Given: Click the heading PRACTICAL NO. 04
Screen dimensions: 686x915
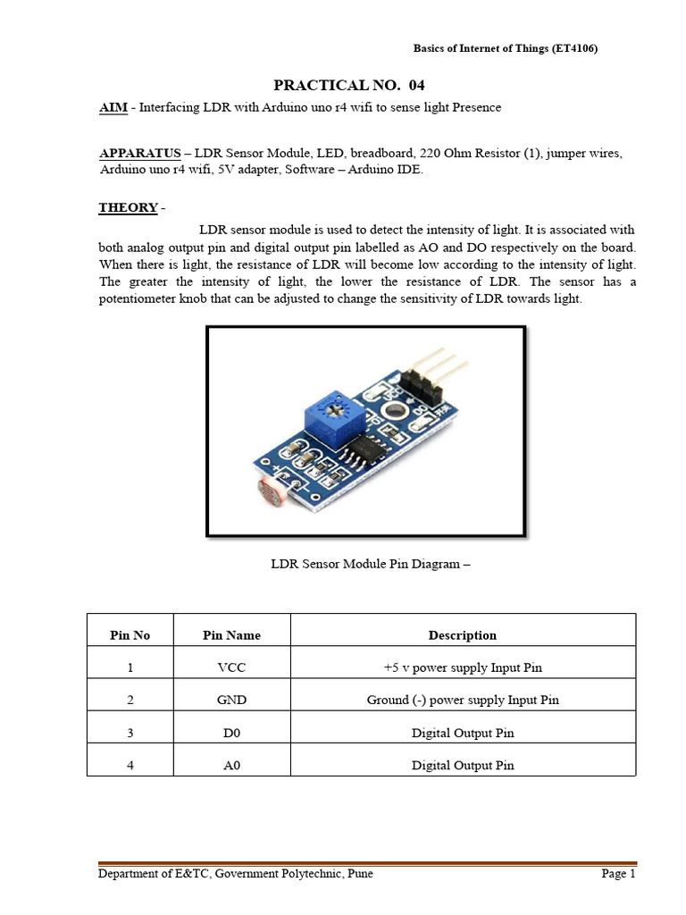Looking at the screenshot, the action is coord(348,86).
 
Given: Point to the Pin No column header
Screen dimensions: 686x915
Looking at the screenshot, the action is coord(130,635).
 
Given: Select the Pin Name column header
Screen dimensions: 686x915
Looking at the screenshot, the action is coord(231,635).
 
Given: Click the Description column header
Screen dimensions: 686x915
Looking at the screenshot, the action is coord(462,635).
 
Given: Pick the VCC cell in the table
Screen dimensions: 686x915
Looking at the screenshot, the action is coord(231,667).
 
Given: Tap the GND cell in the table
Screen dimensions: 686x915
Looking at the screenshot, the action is coord(231,700).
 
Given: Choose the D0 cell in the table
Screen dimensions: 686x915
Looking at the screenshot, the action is coord(231,733).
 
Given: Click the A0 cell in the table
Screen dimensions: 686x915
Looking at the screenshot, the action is coord(231,765).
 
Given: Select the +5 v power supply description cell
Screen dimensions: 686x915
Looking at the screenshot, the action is coord(462,667).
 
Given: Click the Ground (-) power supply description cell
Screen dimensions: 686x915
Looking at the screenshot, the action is coord(462,700).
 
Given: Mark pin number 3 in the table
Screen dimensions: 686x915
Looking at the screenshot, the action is coord(130,733).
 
